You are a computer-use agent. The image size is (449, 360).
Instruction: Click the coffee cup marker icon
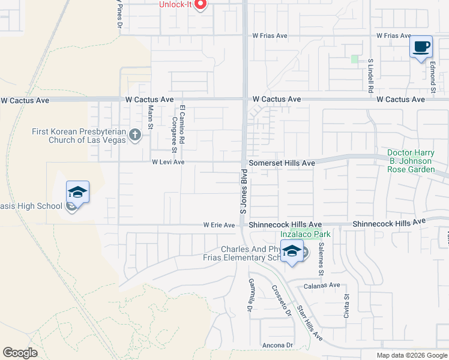(421, 47)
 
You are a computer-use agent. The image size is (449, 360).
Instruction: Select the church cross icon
(134, 136)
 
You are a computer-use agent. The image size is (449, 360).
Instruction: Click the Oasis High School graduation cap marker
(77, 193)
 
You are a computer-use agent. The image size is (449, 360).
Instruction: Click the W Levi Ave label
(168, 162)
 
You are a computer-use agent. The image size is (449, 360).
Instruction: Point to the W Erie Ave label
(218, 225)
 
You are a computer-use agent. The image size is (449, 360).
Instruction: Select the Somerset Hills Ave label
(282, 163)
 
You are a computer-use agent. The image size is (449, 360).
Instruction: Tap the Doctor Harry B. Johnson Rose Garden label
(409, 161)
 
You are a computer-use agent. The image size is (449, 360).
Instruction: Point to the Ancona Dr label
(277, 345)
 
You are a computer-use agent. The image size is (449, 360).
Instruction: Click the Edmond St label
(433, 80)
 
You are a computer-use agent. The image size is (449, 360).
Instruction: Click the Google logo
(20, 353)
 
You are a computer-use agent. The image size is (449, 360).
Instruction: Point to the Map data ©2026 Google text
(411, 355)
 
